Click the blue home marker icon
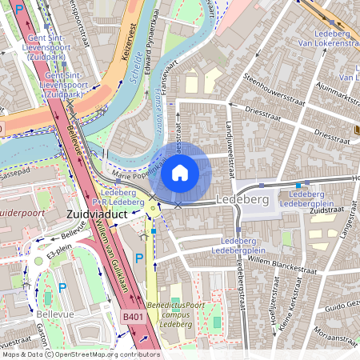180,173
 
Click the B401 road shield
134,318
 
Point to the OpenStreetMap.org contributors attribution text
104,354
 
